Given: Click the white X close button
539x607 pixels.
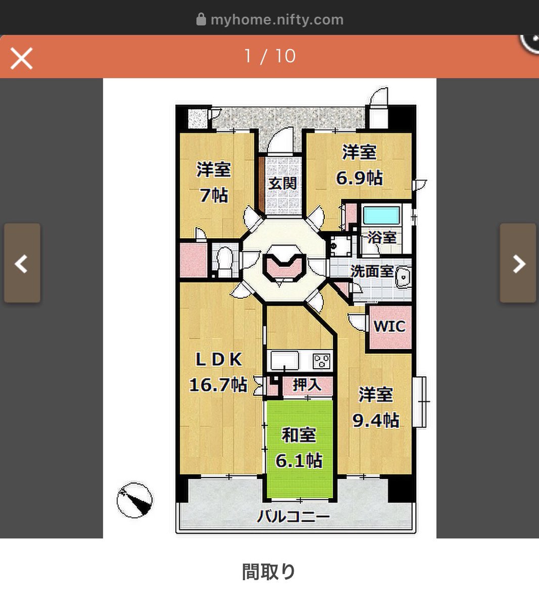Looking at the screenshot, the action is tap(21, 58).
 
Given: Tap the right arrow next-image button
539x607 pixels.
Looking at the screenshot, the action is tap(518, 263).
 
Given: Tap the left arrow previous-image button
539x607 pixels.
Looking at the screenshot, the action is tap(22, 263).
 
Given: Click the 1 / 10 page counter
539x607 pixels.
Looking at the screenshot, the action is tap(270, 56).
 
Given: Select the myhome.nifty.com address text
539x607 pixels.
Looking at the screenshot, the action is tap(277, 20).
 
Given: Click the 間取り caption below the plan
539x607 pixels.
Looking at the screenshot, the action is tap(268, 572).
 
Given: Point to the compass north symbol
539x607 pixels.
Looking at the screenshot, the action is tap(134, 500).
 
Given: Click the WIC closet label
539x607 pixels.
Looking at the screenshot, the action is tap(389, 326).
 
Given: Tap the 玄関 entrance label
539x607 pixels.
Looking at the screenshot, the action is tap(282, 183).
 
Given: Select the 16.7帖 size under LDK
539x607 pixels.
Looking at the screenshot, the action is tap(218, 384).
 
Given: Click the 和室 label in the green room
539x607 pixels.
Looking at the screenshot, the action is tap(298, 435).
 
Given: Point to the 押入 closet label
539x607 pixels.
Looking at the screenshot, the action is tap(307, 385).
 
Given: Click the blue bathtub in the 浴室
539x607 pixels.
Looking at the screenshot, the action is tap(381, 215).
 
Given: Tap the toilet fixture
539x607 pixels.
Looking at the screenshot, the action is tap(224, 261).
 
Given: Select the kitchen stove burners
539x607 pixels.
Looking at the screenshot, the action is tap(322, 361).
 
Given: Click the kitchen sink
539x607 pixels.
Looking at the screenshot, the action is tap(285, 361).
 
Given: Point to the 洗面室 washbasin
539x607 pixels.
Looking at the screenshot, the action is tap(403, 277).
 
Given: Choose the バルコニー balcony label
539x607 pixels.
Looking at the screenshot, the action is tap(293, 516).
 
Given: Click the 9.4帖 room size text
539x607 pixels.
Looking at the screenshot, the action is tap(376, 420).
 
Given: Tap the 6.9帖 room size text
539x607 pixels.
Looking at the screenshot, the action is tap(360, 178).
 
